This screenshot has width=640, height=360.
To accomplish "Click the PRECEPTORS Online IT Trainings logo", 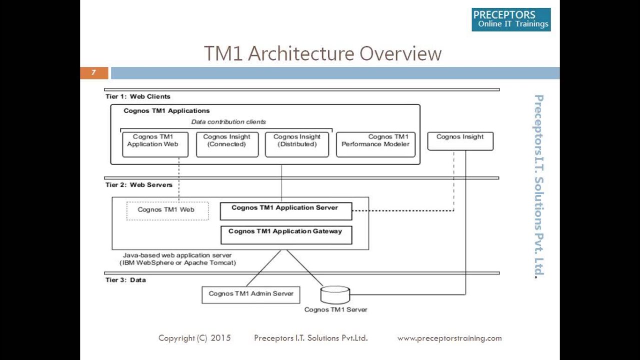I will pyautogui.click(x=511, y=19).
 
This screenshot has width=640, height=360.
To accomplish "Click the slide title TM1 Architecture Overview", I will pyautogui.click(x=322, y=53).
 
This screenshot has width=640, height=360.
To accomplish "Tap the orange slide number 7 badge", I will pyautogui.click(x=94, y=73).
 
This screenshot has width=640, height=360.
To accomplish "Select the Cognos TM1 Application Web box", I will pyautogui.click(x=155, y=144).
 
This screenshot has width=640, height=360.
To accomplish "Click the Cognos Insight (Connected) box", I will pyautogui.click(x=227, y=144).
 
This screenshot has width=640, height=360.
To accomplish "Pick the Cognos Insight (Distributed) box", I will pyautogui.click(x=297, y=144).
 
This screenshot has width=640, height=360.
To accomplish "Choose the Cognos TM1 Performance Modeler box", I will pyautogui.click(x=375, y=144).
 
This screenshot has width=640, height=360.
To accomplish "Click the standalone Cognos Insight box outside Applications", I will pyautogui.click(x=460, y=140).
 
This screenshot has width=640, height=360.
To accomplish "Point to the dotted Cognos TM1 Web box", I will pyautogui.click(x=167, y=210).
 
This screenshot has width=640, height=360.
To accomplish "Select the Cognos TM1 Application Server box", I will pyautogui.click(x=286, y=211).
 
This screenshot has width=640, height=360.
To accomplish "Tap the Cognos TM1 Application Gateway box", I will pyautogui.click(x=286, y=234).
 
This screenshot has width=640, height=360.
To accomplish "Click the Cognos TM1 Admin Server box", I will pyautogui.click(x=250, y=294).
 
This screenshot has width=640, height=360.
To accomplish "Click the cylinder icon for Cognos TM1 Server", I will pyautogui.click(x=335, y=294).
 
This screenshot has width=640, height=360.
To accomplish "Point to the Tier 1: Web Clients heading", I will pyautogui.click(x=138, y=96).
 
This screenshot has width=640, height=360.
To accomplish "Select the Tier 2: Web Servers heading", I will pyautogui.click(x=139, y=185).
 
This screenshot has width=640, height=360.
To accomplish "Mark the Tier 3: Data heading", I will pyautogui.click(x=125, y=280).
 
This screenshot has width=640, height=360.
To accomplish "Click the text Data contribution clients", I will pyautogui.click(x=228, y=121).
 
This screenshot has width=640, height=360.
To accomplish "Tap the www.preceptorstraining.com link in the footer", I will pyautogui.click(x=449, y=338).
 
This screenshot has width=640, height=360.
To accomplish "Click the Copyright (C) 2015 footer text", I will pyautogui.click(x=194, y=338).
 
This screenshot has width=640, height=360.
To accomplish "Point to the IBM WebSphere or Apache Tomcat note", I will pyautogui.click(x=177, y=262).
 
